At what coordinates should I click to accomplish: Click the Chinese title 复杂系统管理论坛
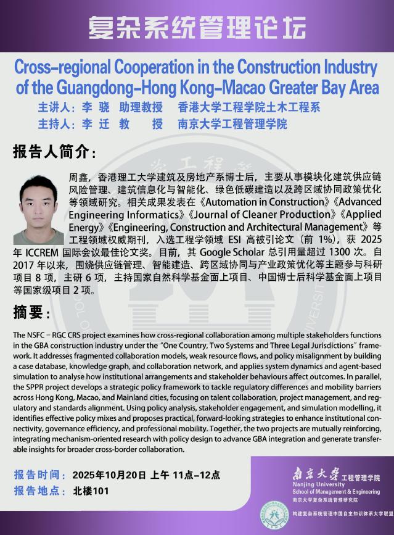pyautogui.click(x=197, y=28)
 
